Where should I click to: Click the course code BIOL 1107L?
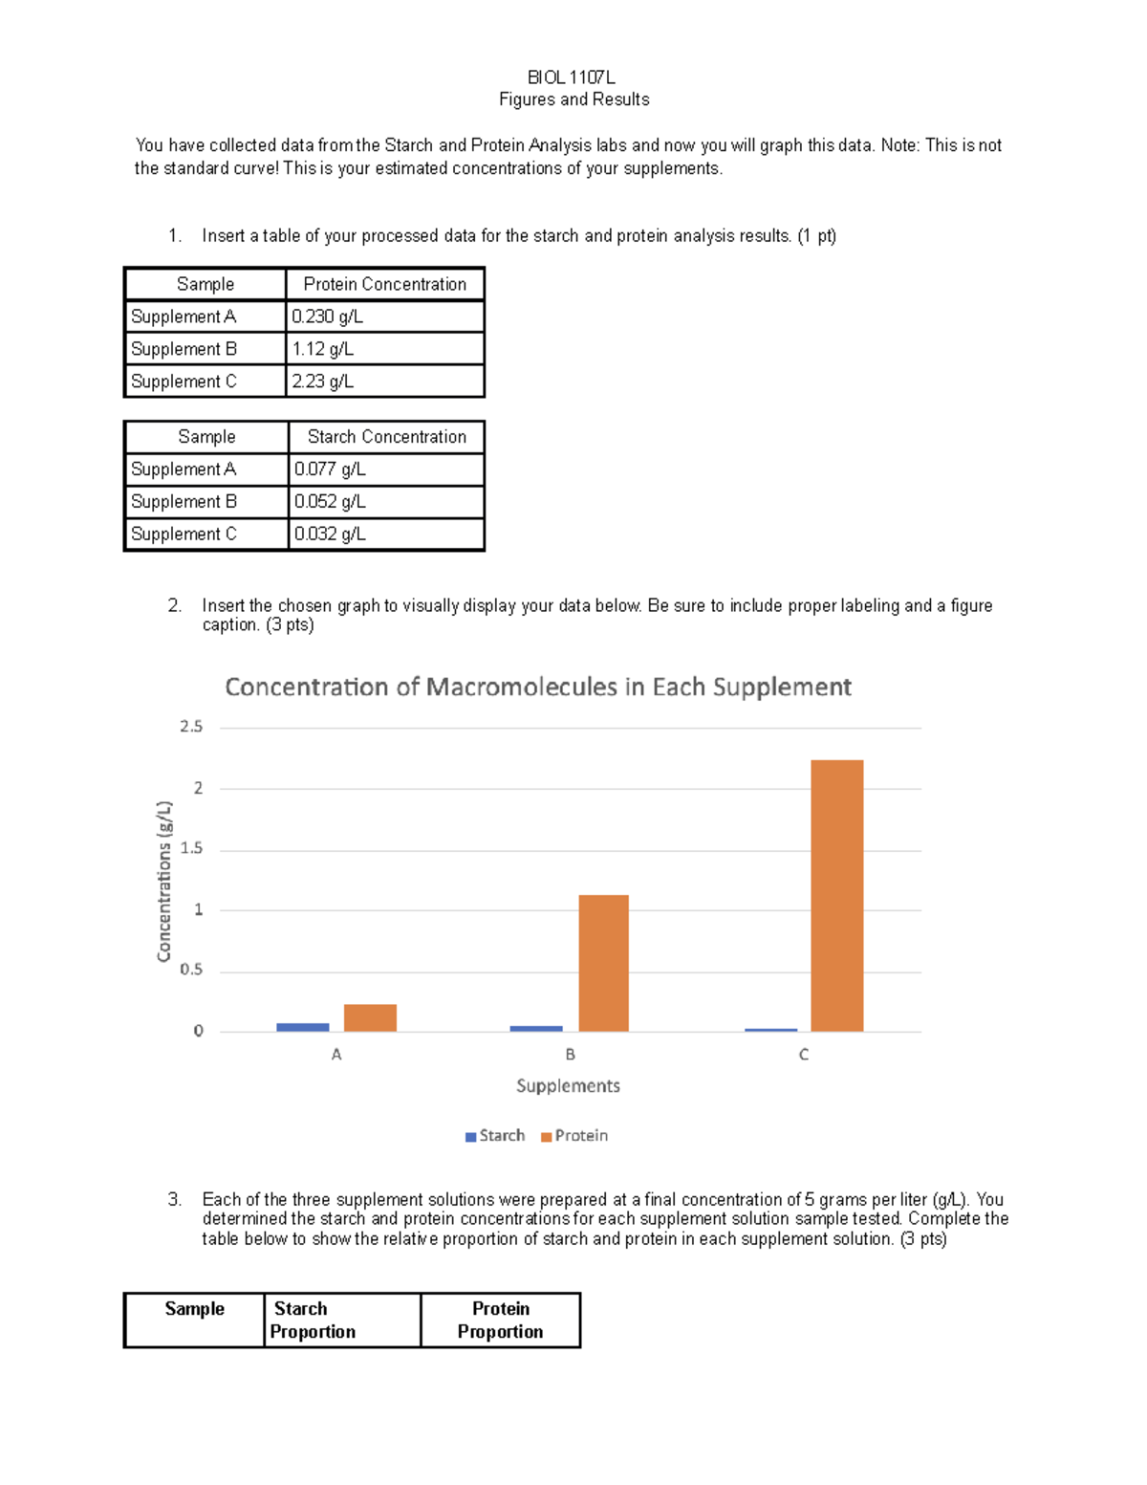[x=571, y=77]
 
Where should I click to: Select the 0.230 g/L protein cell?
[x=327, y=317]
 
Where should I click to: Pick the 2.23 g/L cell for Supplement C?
[x=322, y=382]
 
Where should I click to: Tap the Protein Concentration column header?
[x=384, y=284]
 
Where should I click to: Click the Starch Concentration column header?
[x=386, y=437]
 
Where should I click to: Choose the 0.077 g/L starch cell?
[x=330, y=470]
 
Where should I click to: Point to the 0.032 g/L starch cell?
[x=330, y=535]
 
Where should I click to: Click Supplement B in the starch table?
[x=184, y=502]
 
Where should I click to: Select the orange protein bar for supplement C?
[x=836, y=895]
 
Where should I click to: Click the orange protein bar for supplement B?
[x=603, y=963]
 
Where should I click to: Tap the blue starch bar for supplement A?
[x=302, y=1027]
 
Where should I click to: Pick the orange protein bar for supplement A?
[x=370, y=1017]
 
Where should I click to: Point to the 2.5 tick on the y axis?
[x=191, y=727]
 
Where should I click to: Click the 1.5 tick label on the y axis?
[x=191, y=848]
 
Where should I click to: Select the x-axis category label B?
[x=570, y=1055]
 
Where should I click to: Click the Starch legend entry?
[x=495, y=1136]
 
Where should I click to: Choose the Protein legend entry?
[x=574, y=1136]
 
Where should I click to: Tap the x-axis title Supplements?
[x=568, y=1086]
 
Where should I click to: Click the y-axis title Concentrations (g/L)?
[x=164, y=881]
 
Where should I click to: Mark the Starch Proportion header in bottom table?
[x=313, y=1321]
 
